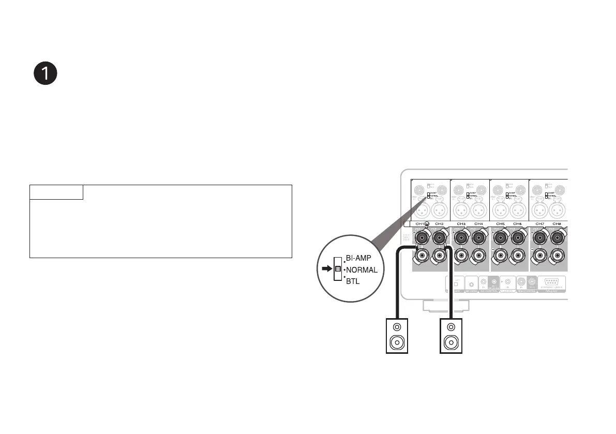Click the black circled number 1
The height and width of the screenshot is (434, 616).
45,74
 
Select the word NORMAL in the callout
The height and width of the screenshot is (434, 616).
362,270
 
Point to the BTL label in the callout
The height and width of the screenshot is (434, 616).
352,281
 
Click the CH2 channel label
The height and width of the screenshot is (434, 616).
439,223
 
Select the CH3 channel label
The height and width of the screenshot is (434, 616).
461,223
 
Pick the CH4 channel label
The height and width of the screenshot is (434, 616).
478,223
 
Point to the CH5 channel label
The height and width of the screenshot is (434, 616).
500,223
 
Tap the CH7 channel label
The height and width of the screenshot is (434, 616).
539,223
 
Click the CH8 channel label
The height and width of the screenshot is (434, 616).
557,223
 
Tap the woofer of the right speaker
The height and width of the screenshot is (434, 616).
451,342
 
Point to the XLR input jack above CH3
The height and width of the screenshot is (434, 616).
461,211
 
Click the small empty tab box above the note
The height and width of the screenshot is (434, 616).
56,192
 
